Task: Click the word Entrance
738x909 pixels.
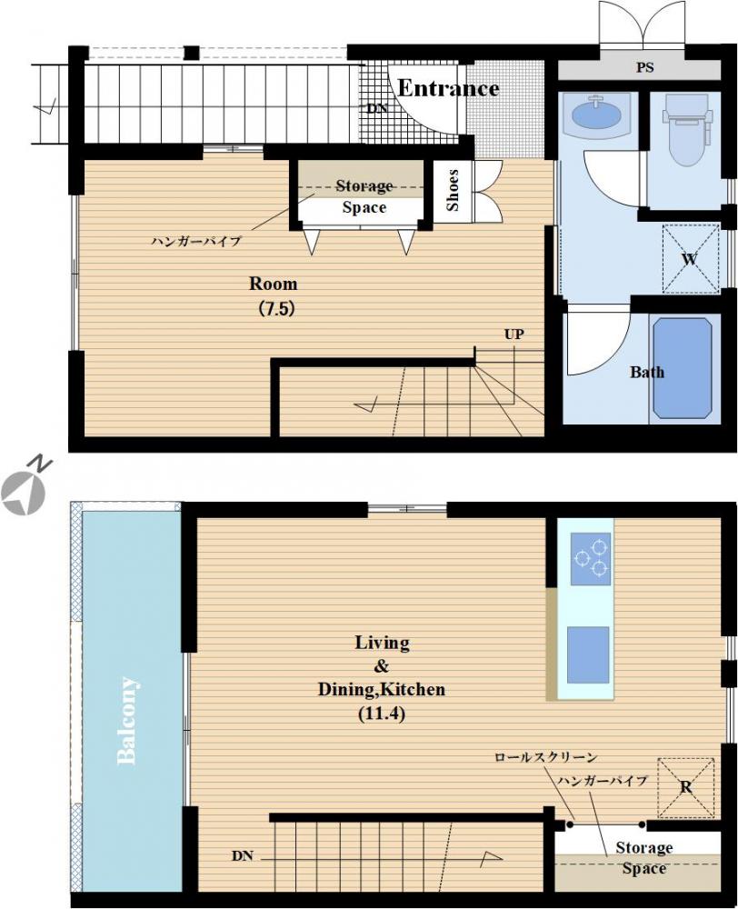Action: point(448,88)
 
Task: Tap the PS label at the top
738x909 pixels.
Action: point(644,68)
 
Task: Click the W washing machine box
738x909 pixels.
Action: point(689,259)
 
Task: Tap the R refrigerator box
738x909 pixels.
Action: point(686,786)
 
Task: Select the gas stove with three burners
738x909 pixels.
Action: point(589,558)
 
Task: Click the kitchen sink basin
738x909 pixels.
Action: point(588,654)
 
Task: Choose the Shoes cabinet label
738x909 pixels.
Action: point(453,191)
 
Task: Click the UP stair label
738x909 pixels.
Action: point(514,334)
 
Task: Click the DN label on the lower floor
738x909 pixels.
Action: point(242,855)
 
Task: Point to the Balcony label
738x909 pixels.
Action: point(128,720)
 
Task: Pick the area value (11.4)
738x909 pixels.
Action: point(382,714)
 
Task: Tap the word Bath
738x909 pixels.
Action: point(646,372)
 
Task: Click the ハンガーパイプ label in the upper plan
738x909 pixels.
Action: point(195,241)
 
